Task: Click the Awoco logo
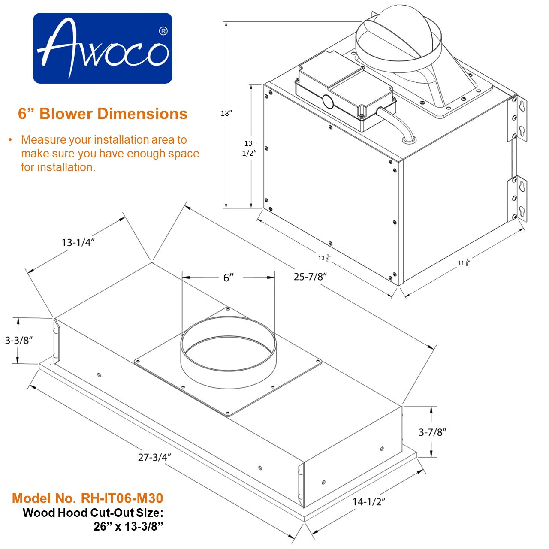click(x=103, y=48)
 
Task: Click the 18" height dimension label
click(x=226, y=113)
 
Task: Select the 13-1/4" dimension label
click(x=78, y=242)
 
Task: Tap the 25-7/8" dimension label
click(x=311, y=277)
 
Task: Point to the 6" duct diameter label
click(x=229, y=278)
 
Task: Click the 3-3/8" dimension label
click(x=19, y=341)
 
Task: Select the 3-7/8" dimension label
click(x=432, y=432)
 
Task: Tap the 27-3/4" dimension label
click(x=155, y=457)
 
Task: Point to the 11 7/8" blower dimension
click(x=464, y=262)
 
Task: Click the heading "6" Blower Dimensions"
click(x=103, y=114)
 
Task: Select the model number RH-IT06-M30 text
click(x=87, y=498)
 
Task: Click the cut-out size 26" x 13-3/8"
click(x=129, y=526)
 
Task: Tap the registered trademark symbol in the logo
click(x=163, y=31)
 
